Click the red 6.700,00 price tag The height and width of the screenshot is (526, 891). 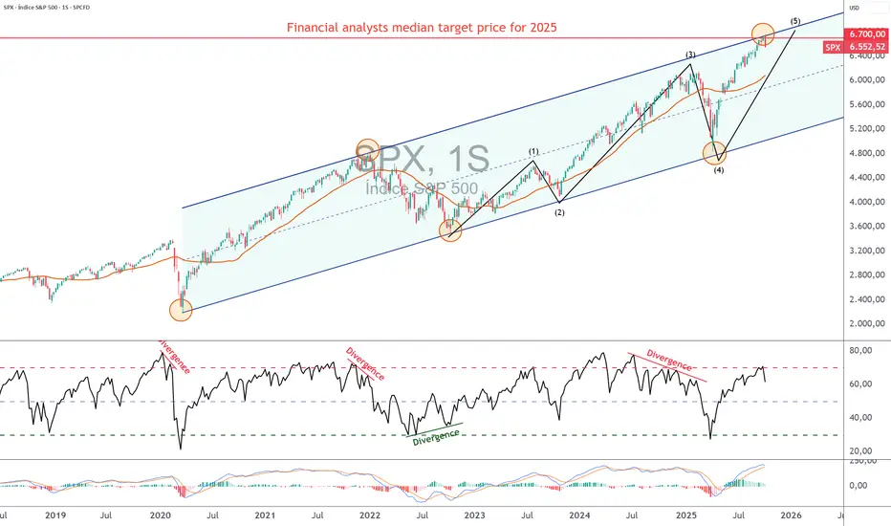point(865,33)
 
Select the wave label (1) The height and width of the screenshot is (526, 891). point(533,152)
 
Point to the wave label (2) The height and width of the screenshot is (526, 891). point(559,212)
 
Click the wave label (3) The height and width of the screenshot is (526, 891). point(689,55)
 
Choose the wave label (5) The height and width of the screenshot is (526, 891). point(795,21)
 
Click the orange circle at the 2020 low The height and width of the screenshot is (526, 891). point(181,309)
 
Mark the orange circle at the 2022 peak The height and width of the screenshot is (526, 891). point(368,150)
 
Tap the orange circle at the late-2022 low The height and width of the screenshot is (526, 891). point(451,230)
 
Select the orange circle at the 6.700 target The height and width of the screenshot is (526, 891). point(763,34)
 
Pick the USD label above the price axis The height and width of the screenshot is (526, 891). point(856,9)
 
